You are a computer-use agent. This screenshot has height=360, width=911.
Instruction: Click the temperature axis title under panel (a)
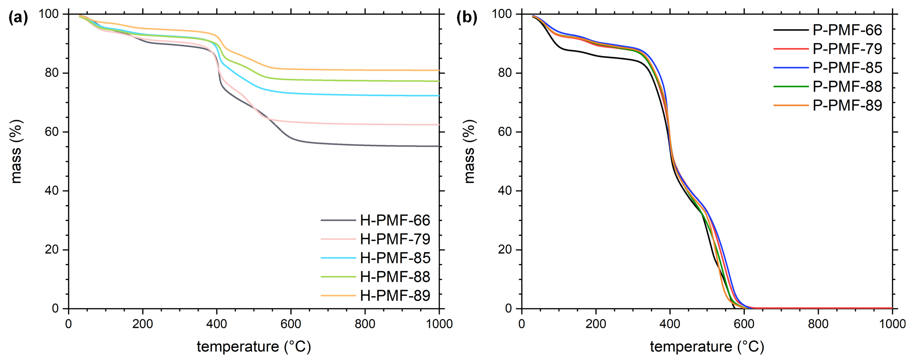(x=254, y=347)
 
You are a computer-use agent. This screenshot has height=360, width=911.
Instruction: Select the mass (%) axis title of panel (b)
(x=469, y=151)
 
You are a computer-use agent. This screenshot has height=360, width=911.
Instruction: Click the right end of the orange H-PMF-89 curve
(x=438, y=70)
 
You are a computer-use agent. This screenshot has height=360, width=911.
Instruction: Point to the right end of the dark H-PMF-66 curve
(x=438, y=146)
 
